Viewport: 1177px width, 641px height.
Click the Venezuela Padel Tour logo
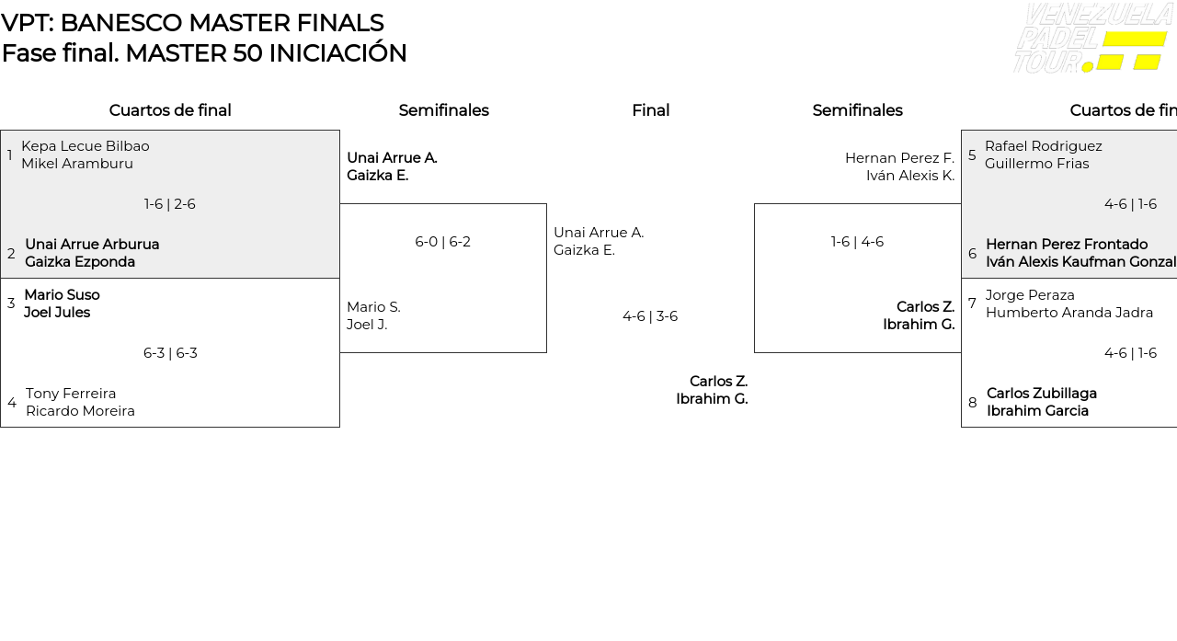pyautogui.click(x=1091, y=39)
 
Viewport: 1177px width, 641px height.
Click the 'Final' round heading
pyautogui.click(x=650, y=110)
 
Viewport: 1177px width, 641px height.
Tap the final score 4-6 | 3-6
pyautogui.click(x=650, y=316)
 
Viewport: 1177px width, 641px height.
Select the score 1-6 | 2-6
pyautogui.click(x=170, y=204)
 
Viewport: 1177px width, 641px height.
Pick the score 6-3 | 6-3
pyautogui.click(x=170, y=353)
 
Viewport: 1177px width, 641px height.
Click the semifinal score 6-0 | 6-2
pyautogui.click(x=442, y=242)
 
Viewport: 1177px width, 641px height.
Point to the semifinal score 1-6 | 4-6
pyautogui.click(x=857, y=242)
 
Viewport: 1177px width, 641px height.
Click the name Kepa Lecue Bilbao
pyautogui.click(x=86, y=146)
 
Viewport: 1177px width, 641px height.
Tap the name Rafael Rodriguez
pyautogui.click(x=1043, y=146)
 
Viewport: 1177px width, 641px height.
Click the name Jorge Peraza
pyautogui.click(x=1030, y=295)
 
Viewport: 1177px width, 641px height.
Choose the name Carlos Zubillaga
pyautogui.click(x=1041, y=394)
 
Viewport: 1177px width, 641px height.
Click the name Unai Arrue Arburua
pyautogui.click(x=92, y=245)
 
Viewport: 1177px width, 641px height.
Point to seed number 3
pyautogui.click(x=11, y=303)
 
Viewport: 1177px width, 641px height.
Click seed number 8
pyautogui.click(x=973, y=403)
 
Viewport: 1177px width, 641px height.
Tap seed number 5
pyautogui.click(x=972, y=155)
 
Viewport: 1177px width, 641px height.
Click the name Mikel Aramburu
pyautogui.click(x=77, y=164)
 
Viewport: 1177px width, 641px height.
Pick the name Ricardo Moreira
pyautogui.click(x=80, y=411)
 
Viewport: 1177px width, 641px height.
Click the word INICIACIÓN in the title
pyautogui.click(x=337, y=53)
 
